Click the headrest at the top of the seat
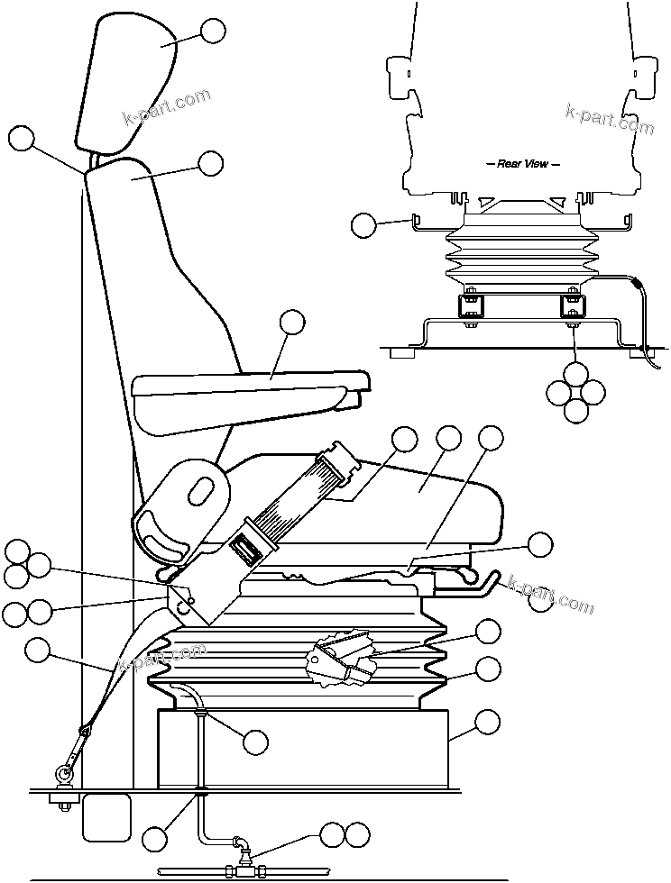(x=126, y=86)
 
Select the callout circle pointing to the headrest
(x=213, y=31)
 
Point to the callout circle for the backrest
(x=210, y=163)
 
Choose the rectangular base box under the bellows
(x=302, y=748)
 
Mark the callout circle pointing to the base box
(x=487, y=721)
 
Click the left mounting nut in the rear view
(x=470, y=307)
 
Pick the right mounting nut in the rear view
(x=573, y=307)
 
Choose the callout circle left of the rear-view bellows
(x=363, y=225)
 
